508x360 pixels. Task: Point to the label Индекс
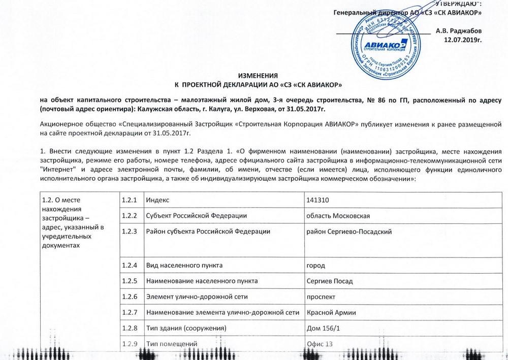click(158, 201)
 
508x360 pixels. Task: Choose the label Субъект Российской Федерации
click(196, 216)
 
